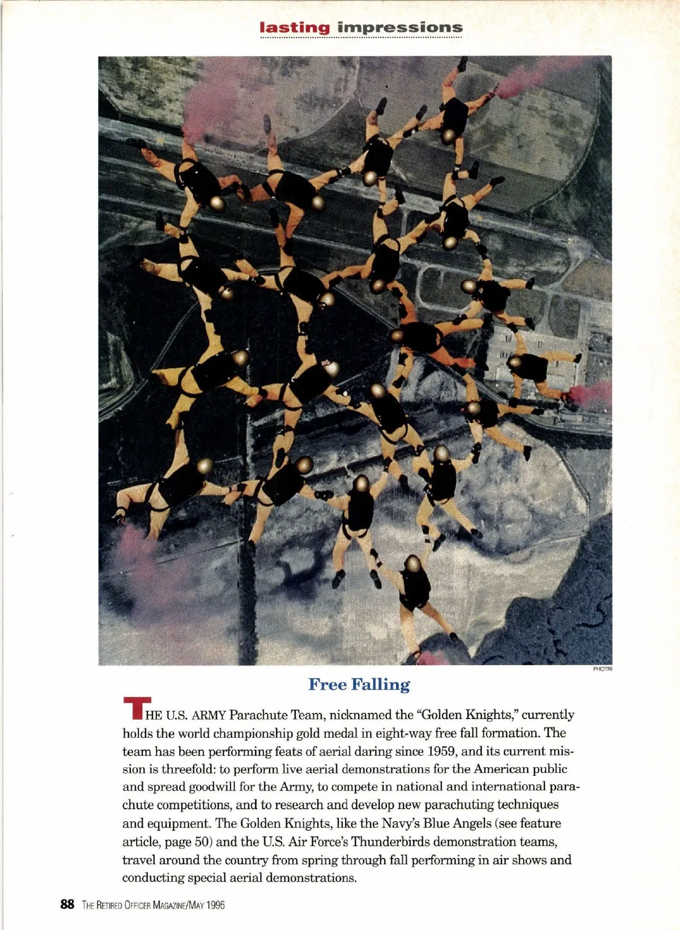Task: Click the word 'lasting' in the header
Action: click(294, 27)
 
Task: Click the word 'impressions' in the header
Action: click(399, 27)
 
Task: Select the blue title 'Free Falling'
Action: click(359, 684)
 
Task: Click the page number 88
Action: click(67, 904)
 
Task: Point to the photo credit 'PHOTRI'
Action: click(602, 669)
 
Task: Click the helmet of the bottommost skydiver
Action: click(413, 564)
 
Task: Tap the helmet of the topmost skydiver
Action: click(449, 136)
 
